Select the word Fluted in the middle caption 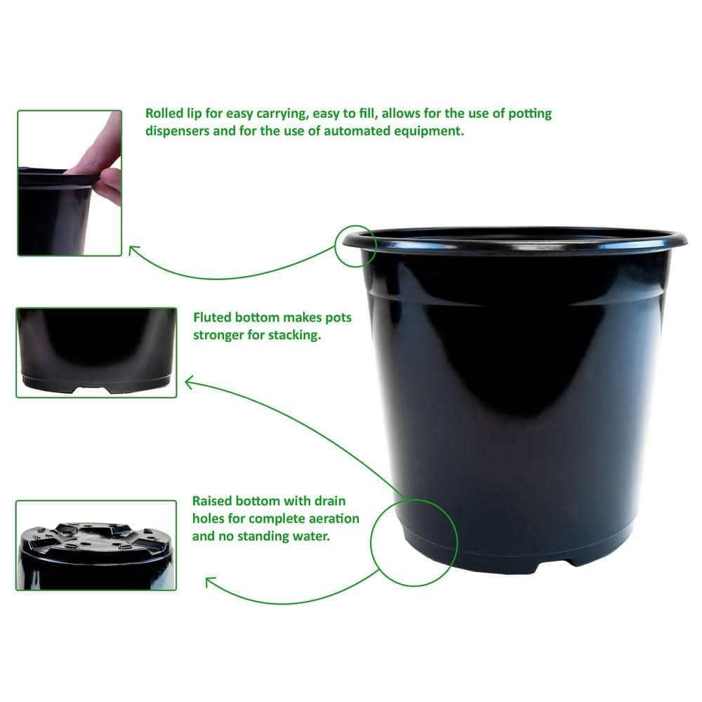click(x=213, y=318)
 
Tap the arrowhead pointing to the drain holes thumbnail click(x=208, y=582)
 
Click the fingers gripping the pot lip click(x=105, y=161)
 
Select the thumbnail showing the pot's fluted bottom click(x=95, y=352)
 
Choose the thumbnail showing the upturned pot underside click(x=95, y=545)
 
